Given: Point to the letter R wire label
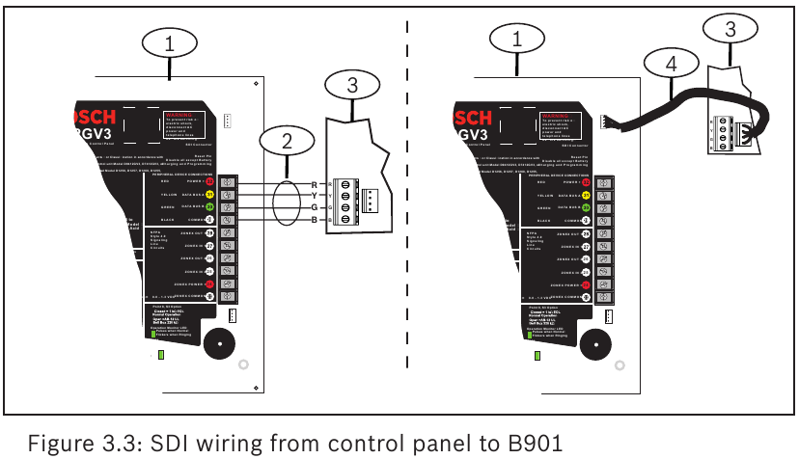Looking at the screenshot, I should (x=313, y=183).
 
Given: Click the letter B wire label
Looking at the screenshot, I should (x=313, y=221).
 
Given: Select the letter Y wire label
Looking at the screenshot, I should (x=313, y=196).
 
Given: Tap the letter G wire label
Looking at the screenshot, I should (x=313, y=208).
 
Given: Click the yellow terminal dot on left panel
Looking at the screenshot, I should (x=208, y=194).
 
